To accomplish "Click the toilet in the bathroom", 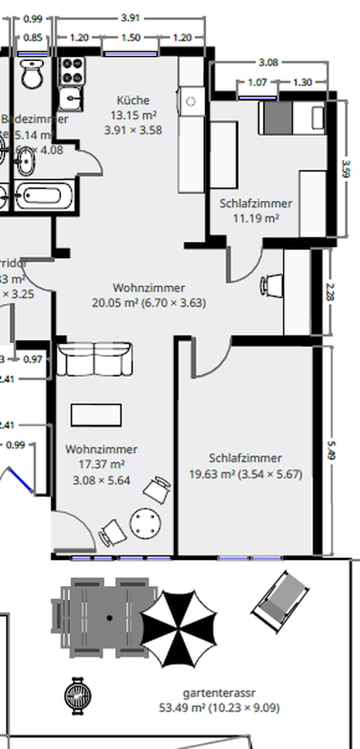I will click(29, 74).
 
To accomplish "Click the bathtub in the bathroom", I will click(43, 196).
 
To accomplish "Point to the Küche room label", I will click(133, 100).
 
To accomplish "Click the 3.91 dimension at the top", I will click(130, 18).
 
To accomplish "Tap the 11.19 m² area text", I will click(256, 218).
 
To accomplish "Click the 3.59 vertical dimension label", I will click(345, 167).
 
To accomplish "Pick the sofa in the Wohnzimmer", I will click(95, 359).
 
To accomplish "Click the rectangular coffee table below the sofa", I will click(96, 415).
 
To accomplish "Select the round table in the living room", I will click(145, 524).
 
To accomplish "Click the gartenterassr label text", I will click(219, 693).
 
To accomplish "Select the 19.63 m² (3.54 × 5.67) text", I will click(245, 474).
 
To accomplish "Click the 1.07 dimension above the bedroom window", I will click(257, 83).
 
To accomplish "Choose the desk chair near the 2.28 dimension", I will click(272, 284).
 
